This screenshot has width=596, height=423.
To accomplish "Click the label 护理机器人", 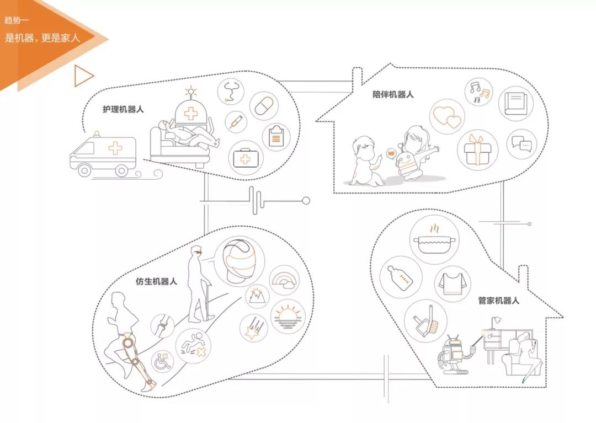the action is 123,109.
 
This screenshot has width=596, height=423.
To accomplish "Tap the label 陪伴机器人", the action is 393,94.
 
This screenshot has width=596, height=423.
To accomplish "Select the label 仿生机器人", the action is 156,281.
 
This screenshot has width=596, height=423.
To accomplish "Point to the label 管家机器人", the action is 498,301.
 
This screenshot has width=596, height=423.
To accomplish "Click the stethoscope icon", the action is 231,92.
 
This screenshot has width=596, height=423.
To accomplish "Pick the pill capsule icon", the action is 264,106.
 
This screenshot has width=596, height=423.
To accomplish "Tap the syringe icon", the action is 236,122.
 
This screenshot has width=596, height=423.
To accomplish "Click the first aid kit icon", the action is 246,158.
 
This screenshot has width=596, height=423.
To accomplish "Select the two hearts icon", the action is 448,116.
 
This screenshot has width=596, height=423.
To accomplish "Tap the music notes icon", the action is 478,92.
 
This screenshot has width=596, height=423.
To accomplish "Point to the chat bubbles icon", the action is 521,144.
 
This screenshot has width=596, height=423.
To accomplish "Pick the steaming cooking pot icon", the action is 435,240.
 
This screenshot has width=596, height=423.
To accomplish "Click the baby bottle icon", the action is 401,277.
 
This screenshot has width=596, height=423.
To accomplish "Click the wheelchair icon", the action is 163,362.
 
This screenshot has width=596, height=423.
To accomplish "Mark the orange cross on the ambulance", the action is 115,148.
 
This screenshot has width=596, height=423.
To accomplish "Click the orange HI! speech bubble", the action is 391,154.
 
